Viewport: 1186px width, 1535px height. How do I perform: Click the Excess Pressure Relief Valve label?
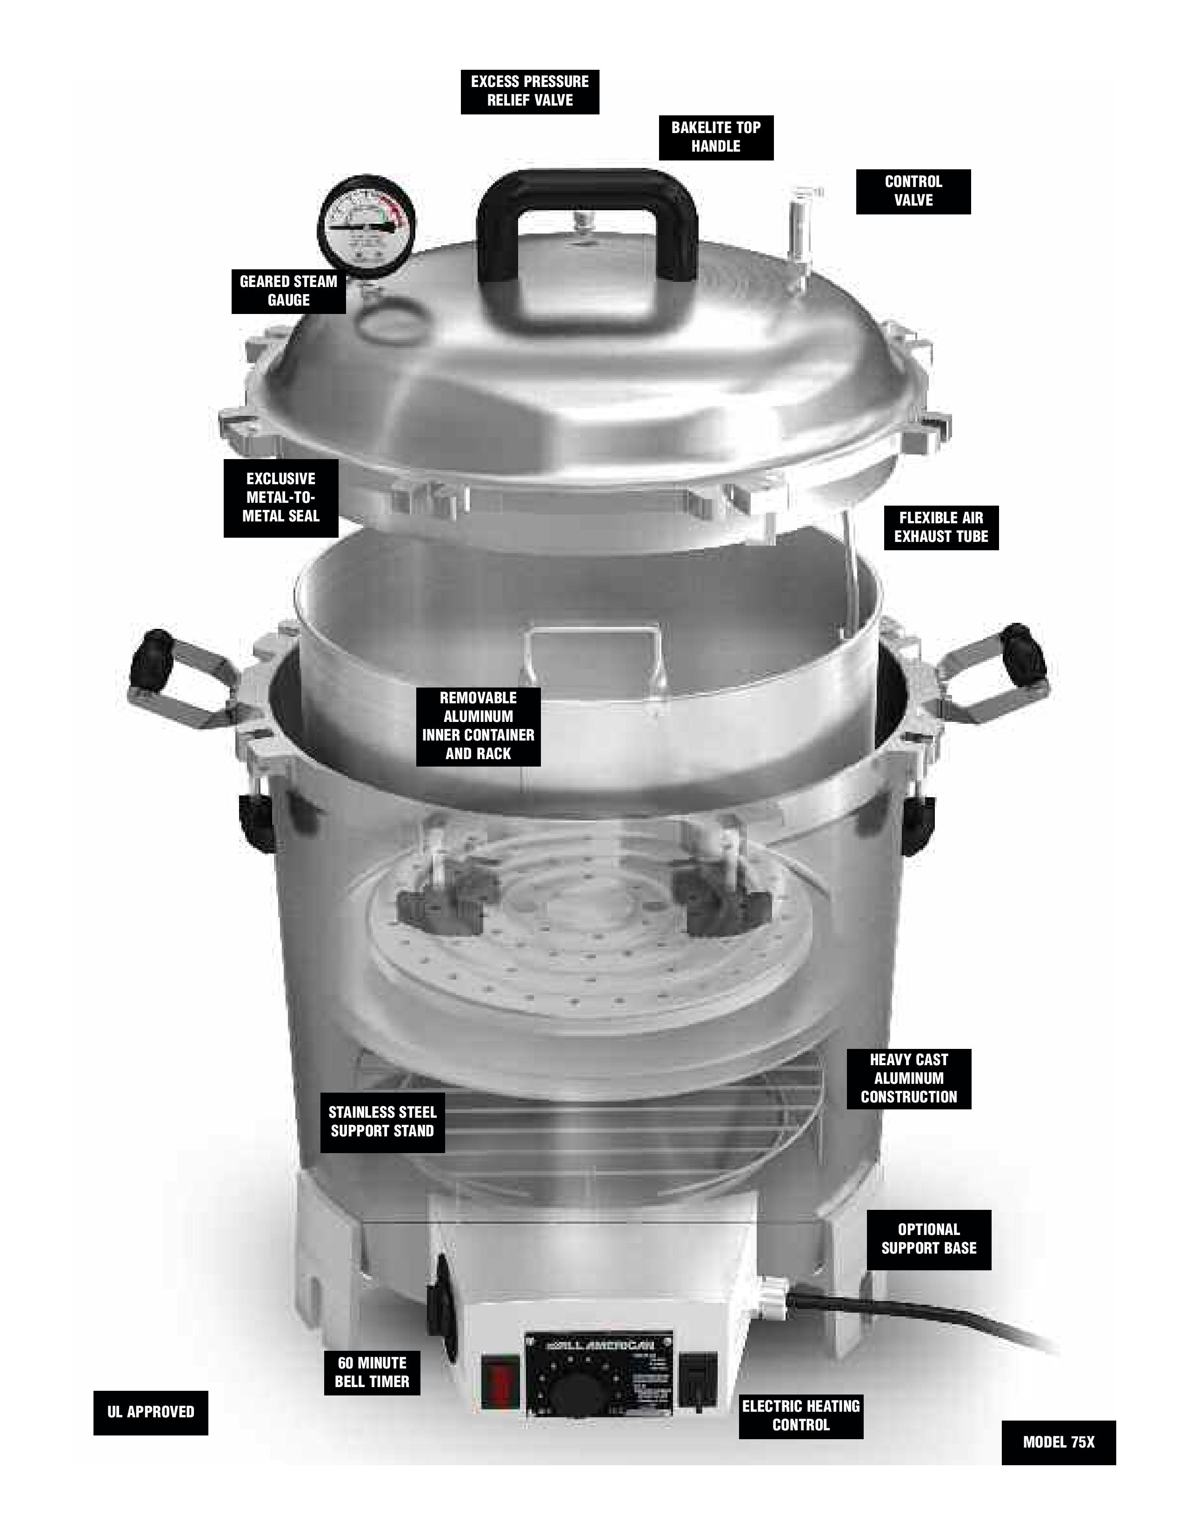coord(530,91)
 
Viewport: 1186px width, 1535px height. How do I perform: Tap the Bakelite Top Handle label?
coord(715,137)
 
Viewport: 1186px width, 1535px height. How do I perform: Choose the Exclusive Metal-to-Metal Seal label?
coord(280,498)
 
